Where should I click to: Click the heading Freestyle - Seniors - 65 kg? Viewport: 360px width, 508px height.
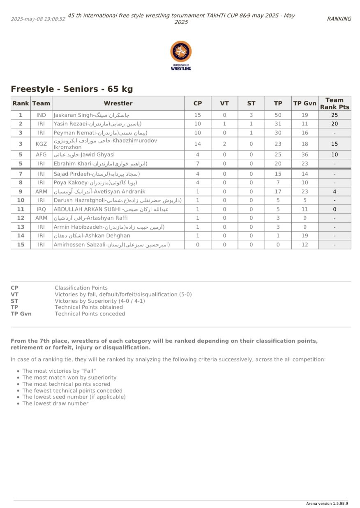pyautogui.click(x=72, y=89)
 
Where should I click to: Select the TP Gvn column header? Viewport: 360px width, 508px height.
pyautogui.click(x=305, y=103)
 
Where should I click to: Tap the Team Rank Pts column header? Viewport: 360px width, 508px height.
pyautogui.click(x=335, y=103)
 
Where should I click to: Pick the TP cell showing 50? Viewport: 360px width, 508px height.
pyautogui.click(x=278, y=115)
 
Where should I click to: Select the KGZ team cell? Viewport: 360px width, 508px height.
pyautogui.click(x=41, y=144)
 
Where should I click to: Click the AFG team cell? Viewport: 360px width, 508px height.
pyautogui.click(x=41, y=155)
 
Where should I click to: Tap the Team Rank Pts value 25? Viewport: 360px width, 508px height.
pyautogui.click(x=335, y=115)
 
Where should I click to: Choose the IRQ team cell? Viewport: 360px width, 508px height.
pyautogui.click(x=41, y=209)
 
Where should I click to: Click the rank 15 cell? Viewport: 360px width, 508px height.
pyautogui.click(x=21, y=245)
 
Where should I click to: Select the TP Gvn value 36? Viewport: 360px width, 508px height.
pyautogui.click(x=305, y=155)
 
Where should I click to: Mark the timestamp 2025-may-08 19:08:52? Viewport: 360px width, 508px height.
pyautogui.click(x=38, y=19)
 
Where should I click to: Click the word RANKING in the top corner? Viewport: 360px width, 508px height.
pyautogui.click(x=339, y=19)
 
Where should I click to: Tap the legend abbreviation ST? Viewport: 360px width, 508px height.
pyautogui.click(x=14, y=301)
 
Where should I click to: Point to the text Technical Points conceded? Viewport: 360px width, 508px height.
pyautogui.click(x=90, y=313)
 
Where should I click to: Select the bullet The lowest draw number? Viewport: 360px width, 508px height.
pyautogui.click(x=55, y=404)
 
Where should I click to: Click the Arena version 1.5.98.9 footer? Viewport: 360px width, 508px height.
pyautogui.click(x=327, y=503)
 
